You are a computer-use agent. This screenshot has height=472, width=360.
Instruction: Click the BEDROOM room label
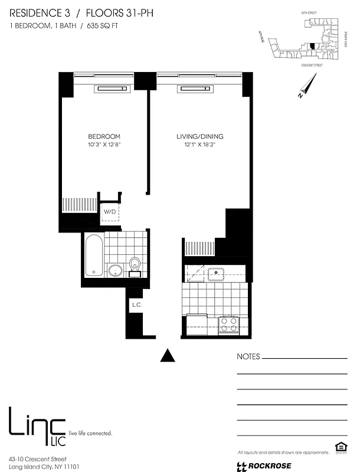click(103, 136)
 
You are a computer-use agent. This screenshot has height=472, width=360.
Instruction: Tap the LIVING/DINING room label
click(199, 136)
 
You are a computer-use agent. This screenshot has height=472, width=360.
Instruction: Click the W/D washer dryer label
click(110, 211)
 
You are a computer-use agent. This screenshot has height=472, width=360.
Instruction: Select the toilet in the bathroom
click(135, 265)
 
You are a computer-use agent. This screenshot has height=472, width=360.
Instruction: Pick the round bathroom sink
click(115, 271)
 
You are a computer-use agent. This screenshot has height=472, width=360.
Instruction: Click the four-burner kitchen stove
click(228, 324)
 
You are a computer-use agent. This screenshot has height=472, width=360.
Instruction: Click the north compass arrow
click(304, 90)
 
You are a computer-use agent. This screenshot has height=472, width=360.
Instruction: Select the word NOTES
click(248, 357)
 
